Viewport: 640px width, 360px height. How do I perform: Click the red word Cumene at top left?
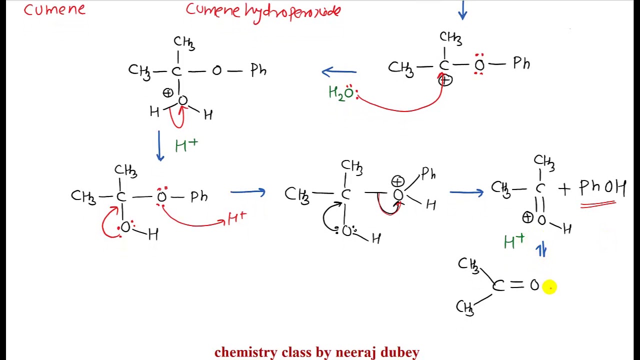[54, 10]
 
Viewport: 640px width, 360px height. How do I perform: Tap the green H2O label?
[341, 93]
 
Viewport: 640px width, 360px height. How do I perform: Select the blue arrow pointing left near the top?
[339, 72]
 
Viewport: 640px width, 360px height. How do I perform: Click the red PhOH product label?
[602, 187]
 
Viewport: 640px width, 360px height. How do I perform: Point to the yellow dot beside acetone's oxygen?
[549, 286]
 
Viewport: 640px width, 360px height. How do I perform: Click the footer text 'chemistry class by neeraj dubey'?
[316, 352]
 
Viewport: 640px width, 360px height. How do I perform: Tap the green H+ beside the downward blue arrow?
[186, 145]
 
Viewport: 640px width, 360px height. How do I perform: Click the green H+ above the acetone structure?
[514, 242]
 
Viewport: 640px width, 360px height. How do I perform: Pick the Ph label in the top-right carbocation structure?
[521, 63]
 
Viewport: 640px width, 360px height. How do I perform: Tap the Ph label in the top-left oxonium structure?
[258, 70]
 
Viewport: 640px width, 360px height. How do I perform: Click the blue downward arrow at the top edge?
[462, 10]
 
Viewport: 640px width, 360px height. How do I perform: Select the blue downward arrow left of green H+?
[160, 145]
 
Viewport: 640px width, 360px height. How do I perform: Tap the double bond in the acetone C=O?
[517, 285]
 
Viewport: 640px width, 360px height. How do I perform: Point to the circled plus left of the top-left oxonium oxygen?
[168, 93]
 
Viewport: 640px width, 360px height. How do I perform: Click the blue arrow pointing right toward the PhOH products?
[466, 191]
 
